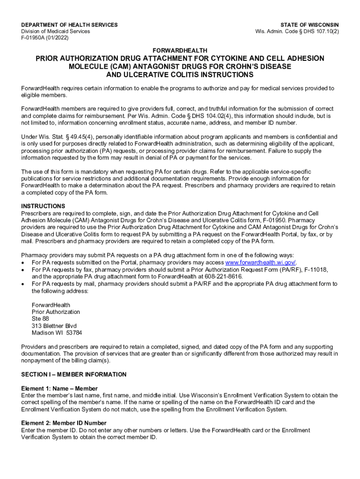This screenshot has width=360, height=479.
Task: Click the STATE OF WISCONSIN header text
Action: (x=310, y=25)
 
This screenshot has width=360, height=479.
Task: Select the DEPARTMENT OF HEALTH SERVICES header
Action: (x=70, y=25)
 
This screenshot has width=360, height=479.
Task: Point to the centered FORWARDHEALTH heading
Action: (x=180, y=50)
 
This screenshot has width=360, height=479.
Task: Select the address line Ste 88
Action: (x=40, y=319)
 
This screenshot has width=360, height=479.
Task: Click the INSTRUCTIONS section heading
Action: (x=43, y=206)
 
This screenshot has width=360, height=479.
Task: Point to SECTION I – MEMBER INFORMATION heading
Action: (x=74, y=375)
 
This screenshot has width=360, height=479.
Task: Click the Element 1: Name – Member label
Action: (x=59, y=389)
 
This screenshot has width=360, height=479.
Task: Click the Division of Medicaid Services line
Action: (x=56, y=31)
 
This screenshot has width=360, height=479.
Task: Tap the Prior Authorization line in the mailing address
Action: (x=56, y=312)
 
